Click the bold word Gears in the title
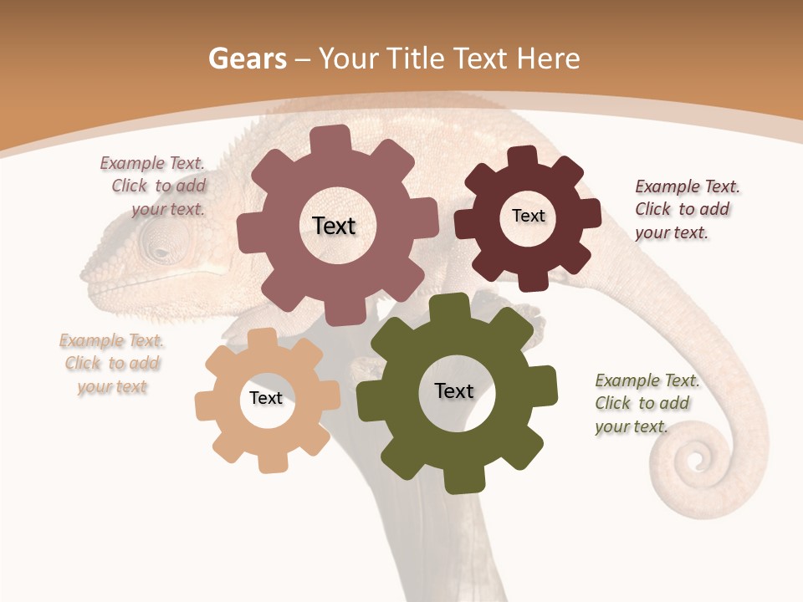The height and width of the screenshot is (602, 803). coord(248,59)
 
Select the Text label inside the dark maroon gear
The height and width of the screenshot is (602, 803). coord(528,216)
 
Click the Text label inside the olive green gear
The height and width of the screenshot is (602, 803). coord(454,390)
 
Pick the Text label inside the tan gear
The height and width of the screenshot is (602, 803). coord(266,398)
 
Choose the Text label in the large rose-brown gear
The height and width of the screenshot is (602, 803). coord(334,226)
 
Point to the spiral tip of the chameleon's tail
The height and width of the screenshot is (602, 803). coord(693,458)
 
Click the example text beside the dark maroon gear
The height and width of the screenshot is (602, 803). coord(686,209)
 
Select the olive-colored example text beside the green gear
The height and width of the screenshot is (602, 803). coord(646,403)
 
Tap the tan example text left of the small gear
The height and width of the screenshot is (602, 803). coord(112,363)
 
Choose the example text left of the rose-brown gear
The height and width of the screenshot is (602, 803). coord(156,186)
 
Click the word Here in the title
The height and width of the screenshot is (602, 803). coord(548,59)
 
